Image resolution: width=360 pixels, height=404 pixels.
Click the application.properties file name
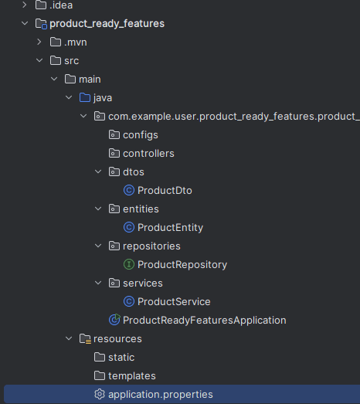click(160, 395)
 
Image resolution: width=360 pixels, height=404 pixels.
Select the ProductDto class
click(165, 190)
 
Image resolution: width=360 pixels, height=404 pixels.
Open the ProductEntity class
click(170, 228)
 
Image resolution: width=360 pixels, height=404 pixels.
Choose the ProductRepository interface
click(182, 265)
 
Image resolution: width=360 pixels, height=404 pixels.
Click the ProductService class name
click(174, 302)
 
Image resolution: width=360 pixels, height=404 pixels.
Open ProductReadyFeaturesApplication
click(205, 321)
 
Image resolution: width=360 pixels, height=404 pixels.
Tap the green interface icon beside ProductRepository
click(129, 264)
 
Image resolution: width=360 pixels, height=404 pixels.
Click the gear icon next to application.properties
click(100, 394)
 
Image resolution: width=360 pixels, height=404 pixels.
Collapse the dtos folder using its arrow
click(98, 171)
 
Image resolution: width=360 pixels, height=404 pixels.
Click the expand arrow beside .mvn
click(39, 42)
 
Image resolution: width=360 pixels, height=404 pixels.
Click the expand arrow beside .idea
click(25, 5)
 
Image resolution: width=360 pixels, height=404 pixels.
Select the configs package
click(141, 135)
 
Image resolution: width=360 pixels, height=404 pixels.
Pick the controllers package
click(148, 153)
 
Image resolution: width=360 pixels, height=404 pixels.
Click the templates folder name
click(132, 376)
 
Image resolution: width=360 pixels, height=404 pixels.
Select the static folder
click(121, 358)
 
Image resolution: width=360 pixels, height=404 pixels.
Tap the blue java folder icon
click(85, 97)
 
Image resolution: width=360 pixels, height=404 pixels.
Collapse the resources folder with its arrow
click(69, 338)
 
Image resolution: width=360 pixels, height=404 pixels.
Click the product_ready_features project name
click(107, 23)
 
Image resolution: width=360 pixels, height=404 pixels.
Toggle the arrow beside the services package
click(98, 283)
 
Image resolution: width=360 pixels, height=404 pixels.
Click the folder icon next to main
click(70, 79)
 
